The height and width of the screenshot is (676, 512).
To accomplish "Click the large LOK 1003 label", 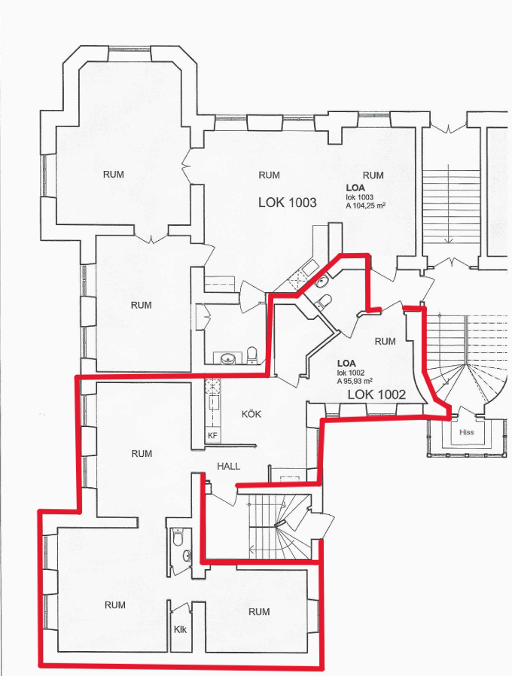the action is pos(288,202).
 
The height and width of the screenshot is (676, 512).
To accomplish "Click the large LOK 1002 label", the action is pos(376,394).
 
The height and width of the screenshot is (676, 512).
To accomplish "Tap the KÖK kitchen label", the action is pos(251,414).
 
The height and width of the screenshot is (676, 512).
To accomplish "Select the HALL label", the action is pos(229,466).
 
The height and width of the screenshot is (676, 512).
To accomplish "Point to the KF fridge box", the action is pos(212,435).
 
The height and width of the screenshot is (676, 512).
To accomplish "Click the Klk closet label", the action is pos(180,629).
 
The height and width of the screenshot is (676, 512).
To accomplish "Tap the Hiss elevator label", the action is pos(466,432).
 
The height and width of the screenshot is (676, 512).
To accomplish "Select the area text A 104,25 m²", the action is pos(366,206).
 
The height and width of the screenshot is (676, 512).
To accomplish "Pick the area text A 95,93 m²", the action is pos(355,381).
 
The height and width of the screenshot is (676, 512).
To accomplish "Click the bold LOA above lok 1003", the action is pos(355,188).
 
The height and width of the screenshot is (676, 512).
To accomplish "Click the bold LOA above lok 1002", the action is pos(346,364).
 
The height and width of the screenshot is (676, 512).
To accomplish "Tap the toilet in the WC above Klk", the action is pos(177,537).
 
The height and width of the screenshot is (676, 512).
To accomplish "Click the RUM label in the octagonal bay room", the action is pos(114,174).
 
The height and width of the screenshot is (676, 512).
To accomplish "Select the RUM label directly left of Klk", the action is pos(115,605).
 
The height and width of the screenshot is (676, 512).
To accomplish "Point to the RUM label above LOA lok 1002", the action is pos(386,341).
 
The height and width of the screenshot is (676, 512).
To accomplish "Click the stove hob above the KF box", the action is pos(212,385).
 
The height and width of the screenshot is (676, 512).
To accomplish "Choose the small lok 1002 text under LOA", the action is pos(351,373).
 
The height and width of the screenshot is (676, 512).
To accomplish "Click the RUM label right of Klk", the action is pos(259,611).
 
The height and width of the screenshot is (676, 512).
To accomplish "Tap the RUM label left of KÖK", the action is pos(142,453).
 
